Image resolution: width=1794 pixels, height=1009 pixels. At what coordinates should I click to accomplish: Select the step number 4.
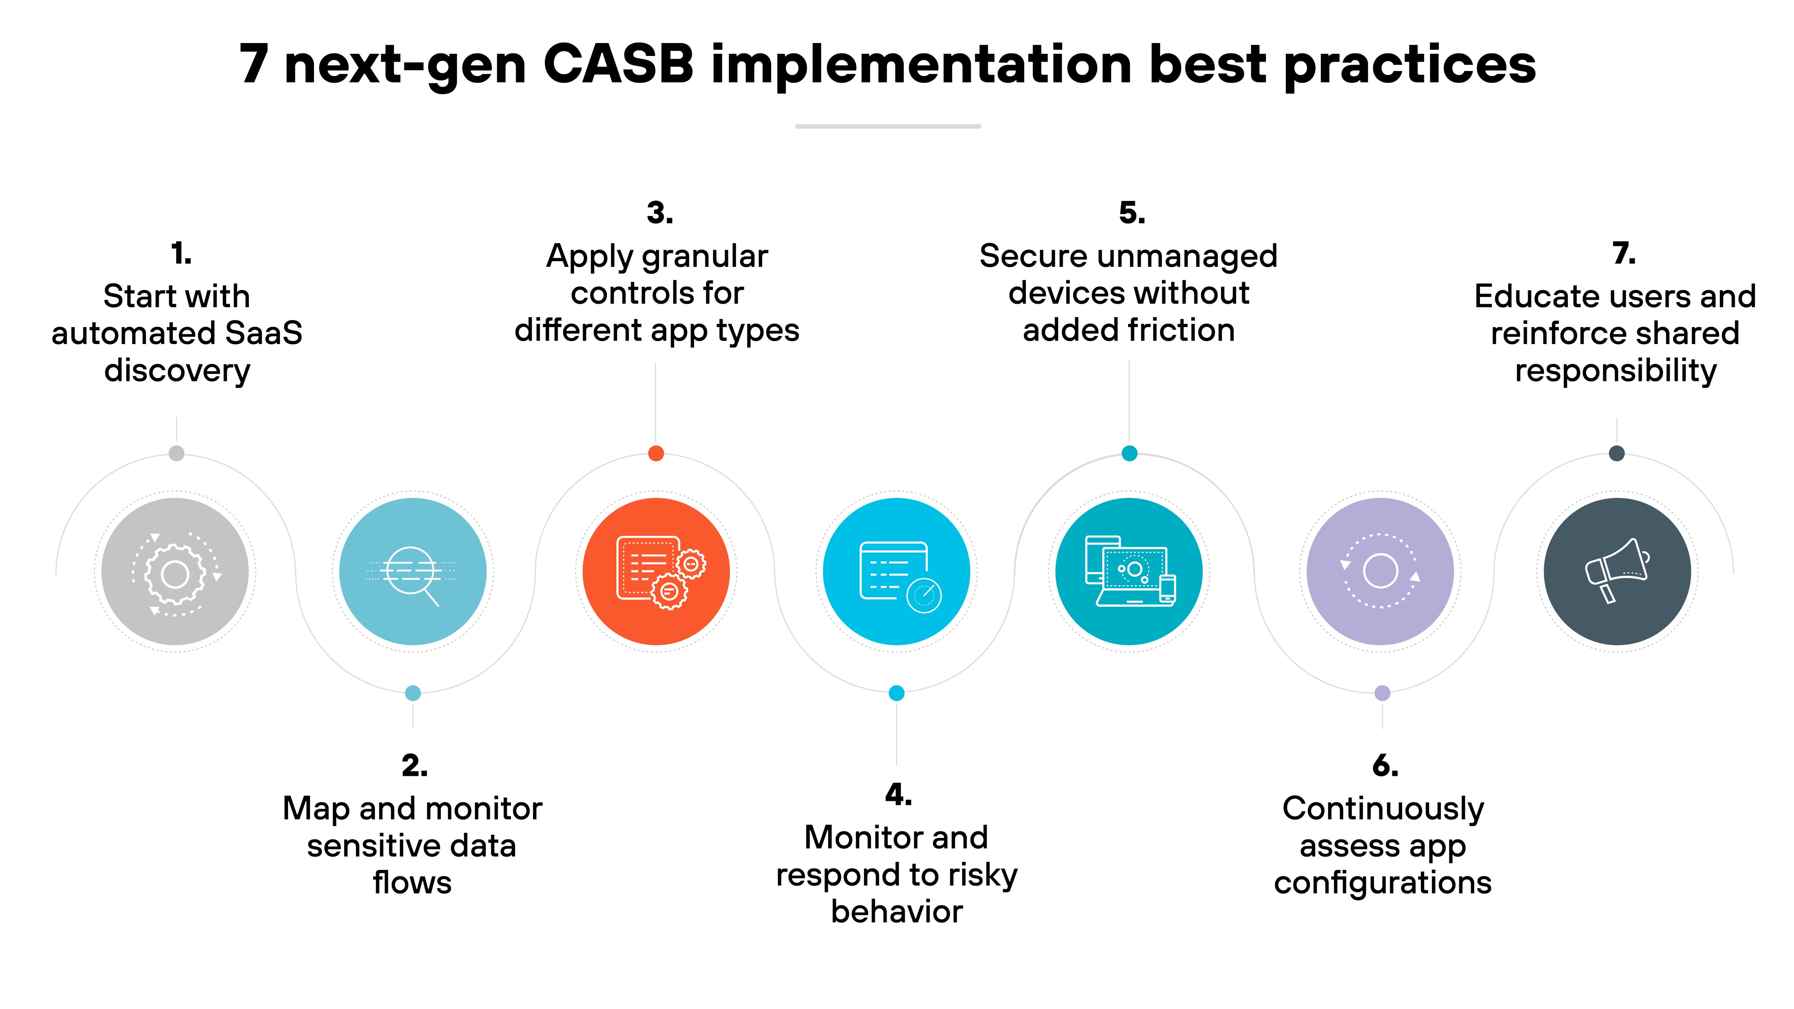coord(898,795)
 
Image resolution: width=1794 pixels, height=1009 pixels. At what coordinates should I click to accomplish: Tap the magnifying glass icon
coord(412,572)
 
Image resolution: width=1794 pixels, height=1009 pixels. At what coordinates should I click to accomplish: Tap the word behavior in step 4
coord(897,912)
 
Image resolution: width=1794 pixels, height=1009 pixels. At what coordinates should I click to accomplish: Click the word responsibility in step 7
coord(1616,371)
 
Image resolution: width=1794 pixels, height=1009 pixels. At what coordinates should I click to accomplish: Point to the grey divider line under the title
coord(888,126)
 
